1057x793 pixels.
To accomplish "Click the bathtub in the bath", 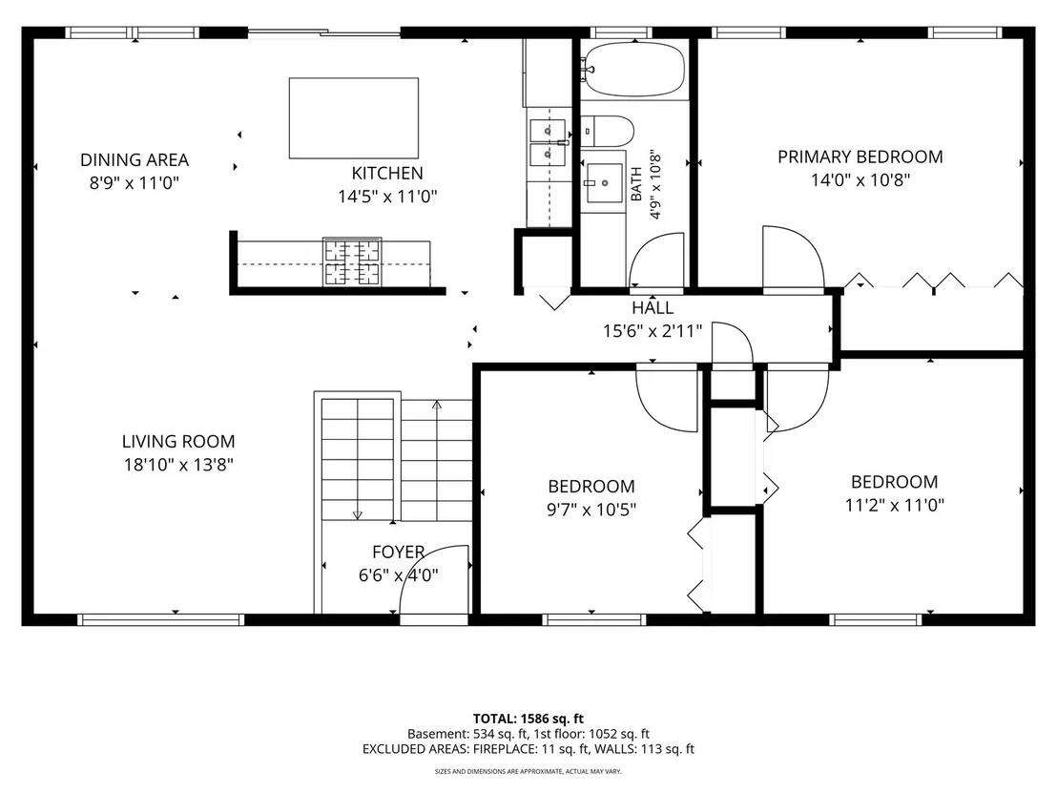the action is click(634, 70).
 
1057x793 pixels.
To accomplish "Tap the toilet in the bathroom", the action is click(608, 131).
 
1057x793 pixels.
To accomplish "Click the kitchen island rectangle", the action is click(354, 118).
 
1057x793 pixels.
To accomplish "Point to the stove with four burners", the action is click(352, 261).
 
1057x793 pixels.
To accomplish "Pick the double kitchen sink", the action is click(548, 142).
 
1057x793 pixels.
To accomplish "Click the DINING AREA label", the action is click(135, 159).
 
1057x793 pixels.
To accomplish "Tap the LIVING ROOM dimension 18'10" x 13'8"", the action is click(178, 465).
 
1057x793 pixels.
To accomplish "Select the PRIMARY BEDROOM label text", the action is click(860, 157).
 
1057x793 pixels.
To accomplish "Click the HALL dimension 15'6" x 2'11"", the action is click(653, 331).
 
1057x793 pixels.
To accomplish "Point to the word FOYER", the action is click(399, 553).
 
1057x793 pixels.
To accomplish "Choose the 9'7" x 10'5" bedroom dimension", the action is click(591, 510).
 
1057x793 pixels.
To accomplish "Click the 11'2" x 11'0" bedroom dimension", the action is click(895, 505).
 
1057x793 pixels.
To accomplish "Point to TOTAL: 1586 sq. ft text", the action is click(528, 719).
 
